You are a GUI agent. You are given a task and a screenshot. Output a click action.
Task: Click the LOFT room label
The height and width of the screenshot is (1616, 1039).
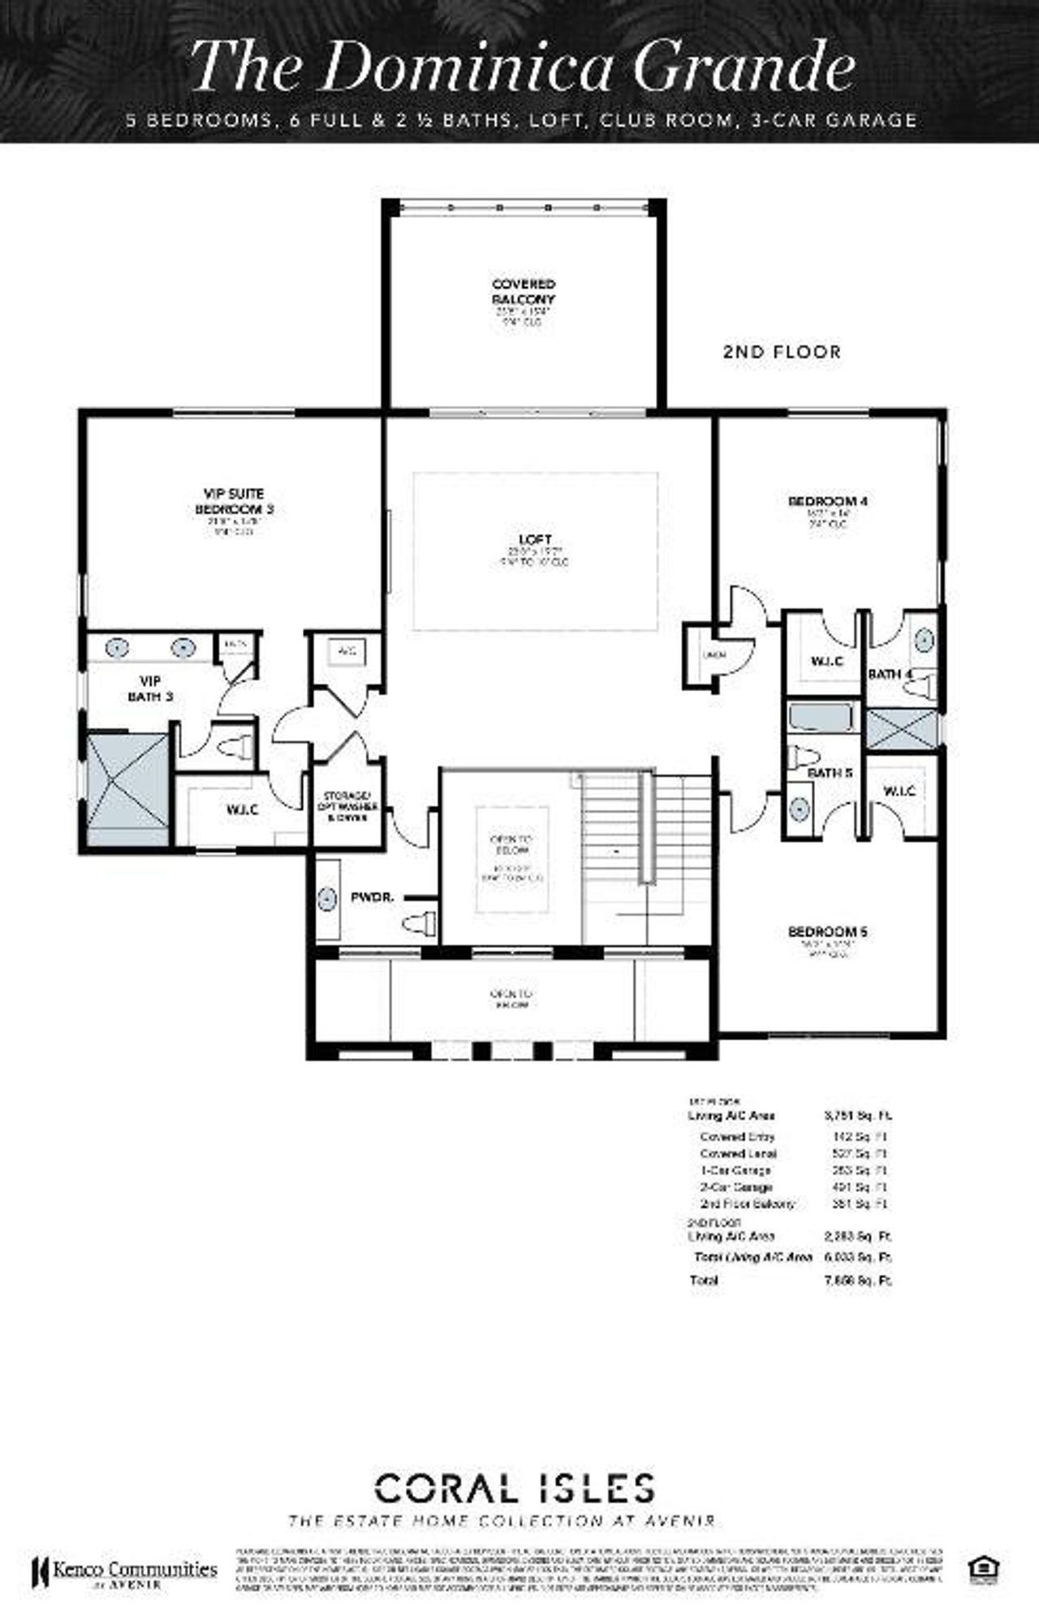point(535,540)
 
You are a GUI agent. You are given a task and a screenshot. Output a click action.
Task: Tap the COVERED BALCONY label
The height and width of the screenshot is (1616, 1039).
point(524,292)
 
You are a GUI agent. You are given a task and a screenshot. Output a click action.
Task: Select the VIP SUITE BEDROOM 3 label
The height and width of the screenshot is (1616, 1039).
point(234,501)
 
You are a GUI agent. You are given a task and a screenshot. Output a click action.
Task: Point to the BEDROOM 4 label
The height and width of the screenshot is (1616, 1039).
point(827,501)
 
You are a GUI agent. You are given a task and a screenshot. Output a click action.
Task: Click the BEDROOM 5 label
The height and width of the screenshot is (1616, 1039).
point(827,931)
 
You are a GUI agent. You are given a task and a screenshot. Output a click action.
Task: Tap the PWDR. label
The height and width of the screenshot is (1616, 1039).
point(372,898)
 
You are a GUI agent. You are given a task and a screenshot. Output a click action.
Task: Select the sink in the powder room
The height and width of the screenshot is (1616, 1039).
point(326,899)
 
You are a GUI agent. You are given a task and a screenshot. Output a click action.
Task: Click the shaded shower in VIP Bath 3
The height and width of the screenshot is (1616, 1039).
point(127,790)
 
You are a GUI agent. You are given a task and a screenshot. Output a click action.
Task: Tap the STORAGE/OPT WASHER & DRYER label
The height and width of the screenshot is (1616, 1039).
point(347,807)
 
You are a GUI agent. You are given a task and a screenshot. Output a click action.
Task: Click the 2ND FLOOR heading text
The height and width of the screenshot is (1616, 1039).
point(782,352)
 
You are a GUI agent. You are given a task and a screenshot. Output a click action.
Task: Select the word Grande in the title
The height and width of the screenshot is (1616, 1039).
point(743,67)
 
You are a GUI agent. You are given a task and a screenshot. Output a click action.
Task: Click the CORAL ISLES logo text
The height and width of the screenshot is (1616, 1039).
point(514,1489)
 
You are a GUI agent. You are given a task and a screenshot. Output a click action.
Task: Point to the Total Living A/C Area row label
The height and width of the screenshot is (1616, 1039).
point(752,1257)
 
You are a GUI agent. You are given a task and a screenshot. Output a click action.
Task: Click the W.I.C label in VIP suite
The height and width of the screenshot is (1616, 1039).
point(243,810)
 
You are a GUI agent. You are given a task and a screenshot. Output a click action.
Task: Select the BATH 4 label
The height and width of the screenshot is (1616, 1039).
point(890,674)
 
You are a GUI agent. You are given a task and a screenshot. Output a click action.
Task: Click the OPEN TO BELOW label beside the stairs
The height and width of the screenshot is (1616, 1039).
point(511,845)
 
